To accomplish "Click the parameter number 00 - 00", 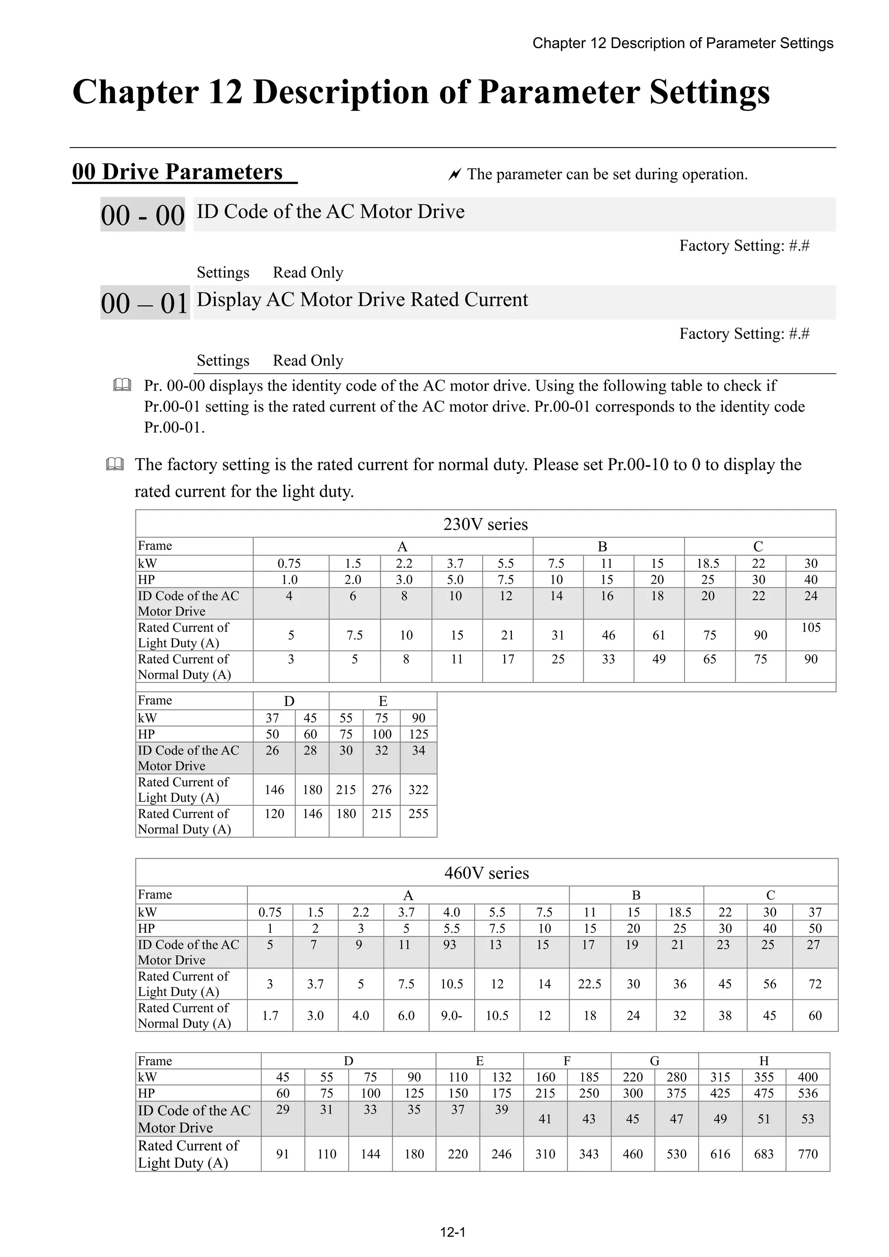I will [142, 215].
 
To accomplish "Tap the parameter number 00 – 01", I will [145, 303].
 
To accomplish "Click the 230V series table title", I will [485, 524].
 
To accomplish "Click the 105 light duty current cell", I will [811, 627].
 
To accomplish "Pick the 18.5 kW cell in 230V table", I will [708, 563].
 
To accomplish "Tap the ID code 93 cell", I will [450, 945].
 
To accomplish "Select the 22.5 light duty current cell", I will [589, 984].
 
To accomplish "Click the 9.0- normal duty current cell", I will [452, 1016].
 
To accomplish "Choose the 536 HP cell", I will [808, 1093].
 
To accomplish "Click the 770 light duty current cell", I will [808, 1154].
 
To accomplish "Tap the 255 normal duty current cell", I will [418, 814].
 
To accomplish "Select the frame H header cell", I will [764, 1060].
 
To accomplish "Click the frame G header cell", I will [655, 1060].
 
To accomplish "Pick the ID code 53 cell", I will [808, 1119].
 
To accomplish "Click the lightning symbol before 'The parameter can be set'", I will [454, 175].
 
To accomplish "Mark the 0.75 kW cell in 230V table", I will [289, 563].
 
